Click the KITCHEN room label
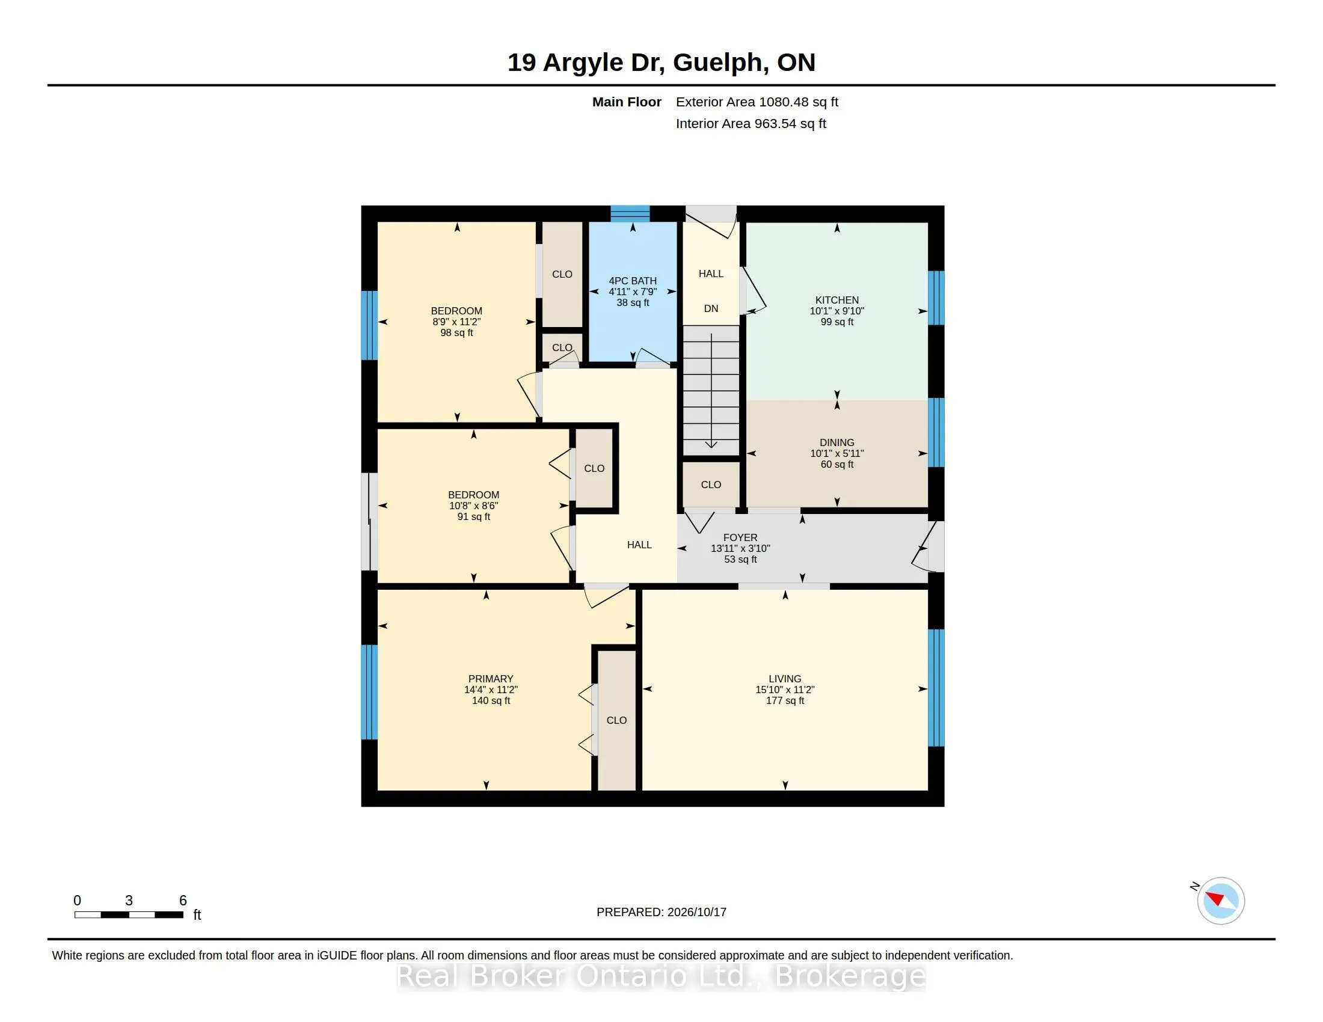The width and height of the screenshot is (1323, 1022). click(x=836, y=301)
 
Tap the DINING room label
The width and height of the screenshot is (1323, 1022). click(x=836, y=442)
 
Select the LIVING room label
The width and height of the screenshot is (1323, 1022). click(x=784, y=679)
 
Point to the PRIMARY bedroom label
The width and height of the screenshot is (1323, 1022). click(x=491, y=679)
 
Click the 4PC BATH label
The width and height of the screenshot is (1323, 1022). click(x=633, y=281)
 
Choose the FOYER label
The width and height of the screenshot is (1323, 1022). click(x=740, y=537)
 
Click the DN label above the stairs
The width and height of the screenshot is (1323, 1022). click(x=711, y=309)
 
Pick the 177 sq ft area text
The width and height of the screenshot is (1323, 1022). click(x=785, y=700)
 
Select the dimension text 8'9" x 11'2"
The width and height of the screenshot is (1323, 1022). click(x=457, y=322)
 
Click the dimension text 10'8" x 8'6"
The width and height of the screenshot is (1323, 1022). click(x=474, y=506)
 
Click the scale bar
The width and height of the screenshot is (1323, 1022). click(x=129, y=915)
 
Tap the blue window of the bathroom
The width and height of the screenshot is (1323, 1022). click(x=630, y=214)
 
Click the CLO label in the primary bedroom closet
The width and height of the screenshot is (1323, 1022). click(x=616, y=720)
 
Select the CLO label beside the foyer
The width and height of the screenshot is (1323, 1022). click(x=711, y=485)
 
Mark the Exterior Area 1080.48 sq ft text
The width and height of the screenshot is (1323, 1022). click(x=757, y=102)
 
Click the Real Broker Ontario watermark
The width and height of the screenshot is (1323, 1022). click(x=661, y=976)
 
